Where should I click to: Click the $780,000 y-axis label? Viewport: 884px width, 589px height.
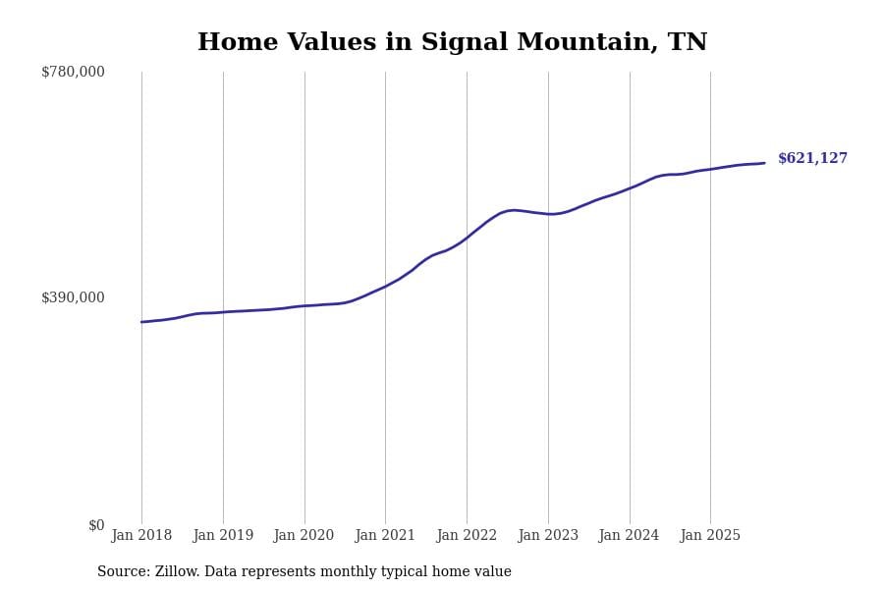point(73,72)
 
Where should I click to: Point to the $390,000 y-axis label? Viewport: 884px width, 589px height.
point(73,297)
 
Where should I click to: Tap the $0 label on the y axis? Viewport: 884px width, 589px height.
point(96,525)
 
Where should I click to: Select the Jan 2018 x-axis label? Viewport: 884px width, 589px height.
point(141,535)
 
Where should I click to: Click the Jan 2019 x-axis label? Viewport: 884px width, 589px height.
point(223,535)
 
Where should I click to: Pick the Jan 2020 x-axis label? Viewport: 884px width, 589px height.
point(304,535)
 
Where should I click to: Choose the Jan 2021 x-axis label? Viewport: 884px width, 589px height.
point(385,535)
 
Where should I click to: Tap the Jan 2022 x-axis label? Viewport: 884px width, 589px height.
point(467,535)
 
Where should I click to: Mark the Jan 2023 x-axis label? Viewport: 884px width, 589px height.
point(548,535)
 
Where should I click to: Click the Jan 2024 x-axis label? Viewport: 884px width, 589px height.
point(629,535)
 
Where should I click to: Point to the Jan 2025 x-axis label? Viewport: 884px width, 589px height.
point(710,535)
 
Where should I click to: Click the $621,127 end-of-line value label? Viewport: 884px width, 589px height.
point(812,158)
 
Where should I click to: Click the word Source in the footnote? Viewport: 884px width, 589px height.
point(122,572)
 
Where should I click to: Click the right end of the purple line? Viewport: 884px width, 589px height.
point(764,163)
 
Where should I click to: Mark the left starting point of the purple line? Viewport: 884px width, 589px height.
point(141,322)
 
